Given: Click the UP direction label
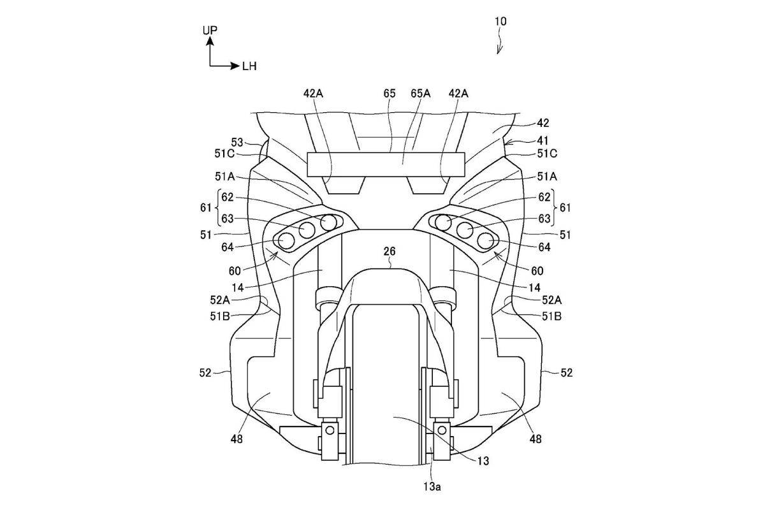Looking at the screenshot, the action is pos(210,31).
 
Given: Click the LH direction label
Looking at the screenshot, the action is pos(249,66).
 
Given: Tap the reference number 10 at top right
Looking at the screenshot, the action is pos(500,22).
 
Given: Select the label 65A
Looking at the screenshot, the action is pos(420,93).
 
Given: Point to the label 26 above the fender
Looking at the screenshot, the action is pos(390,251).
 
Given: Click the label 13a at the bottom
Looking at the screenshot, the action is pos(432,486).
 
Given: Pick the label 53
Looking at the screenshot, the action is pos(237,142).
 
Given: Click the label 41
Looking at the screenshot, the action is pos(543,140).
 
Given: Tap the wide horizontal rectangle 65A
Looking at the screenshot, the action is pos(386,164).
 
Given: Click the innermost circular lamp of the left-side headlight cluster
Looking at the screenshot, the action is pos(328,222).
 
